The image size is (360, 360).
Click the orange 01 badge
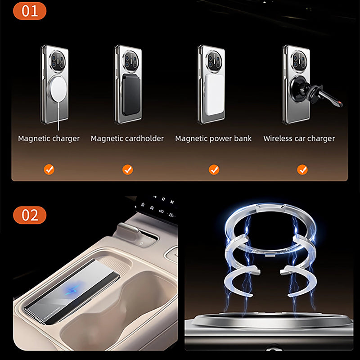coord(30,11)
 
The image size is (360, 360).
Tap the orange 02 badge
coord(30,215)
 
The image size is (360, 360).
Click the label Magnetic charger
coord(49,139)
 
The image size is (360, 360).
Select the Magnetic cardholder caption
coord(127,139)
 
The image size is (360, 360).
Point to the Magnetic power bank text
coord(213,139)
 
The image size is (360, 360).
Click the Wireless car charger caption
coord(299,139)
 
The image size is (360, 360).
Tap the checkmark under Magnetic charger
coord(49,170)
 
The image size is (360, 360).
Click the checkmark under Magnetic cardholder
coord(127,170)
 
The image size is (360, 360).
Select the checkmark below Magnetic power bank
coord(214,170)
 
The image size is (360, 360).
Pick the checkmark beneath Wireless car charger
coord(302,170)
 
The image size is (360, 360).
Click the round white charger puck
coord(58,89)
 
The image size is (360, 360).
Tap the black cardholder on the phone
coord(131,94)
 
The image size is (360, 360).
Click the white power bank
coord(215,94)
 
